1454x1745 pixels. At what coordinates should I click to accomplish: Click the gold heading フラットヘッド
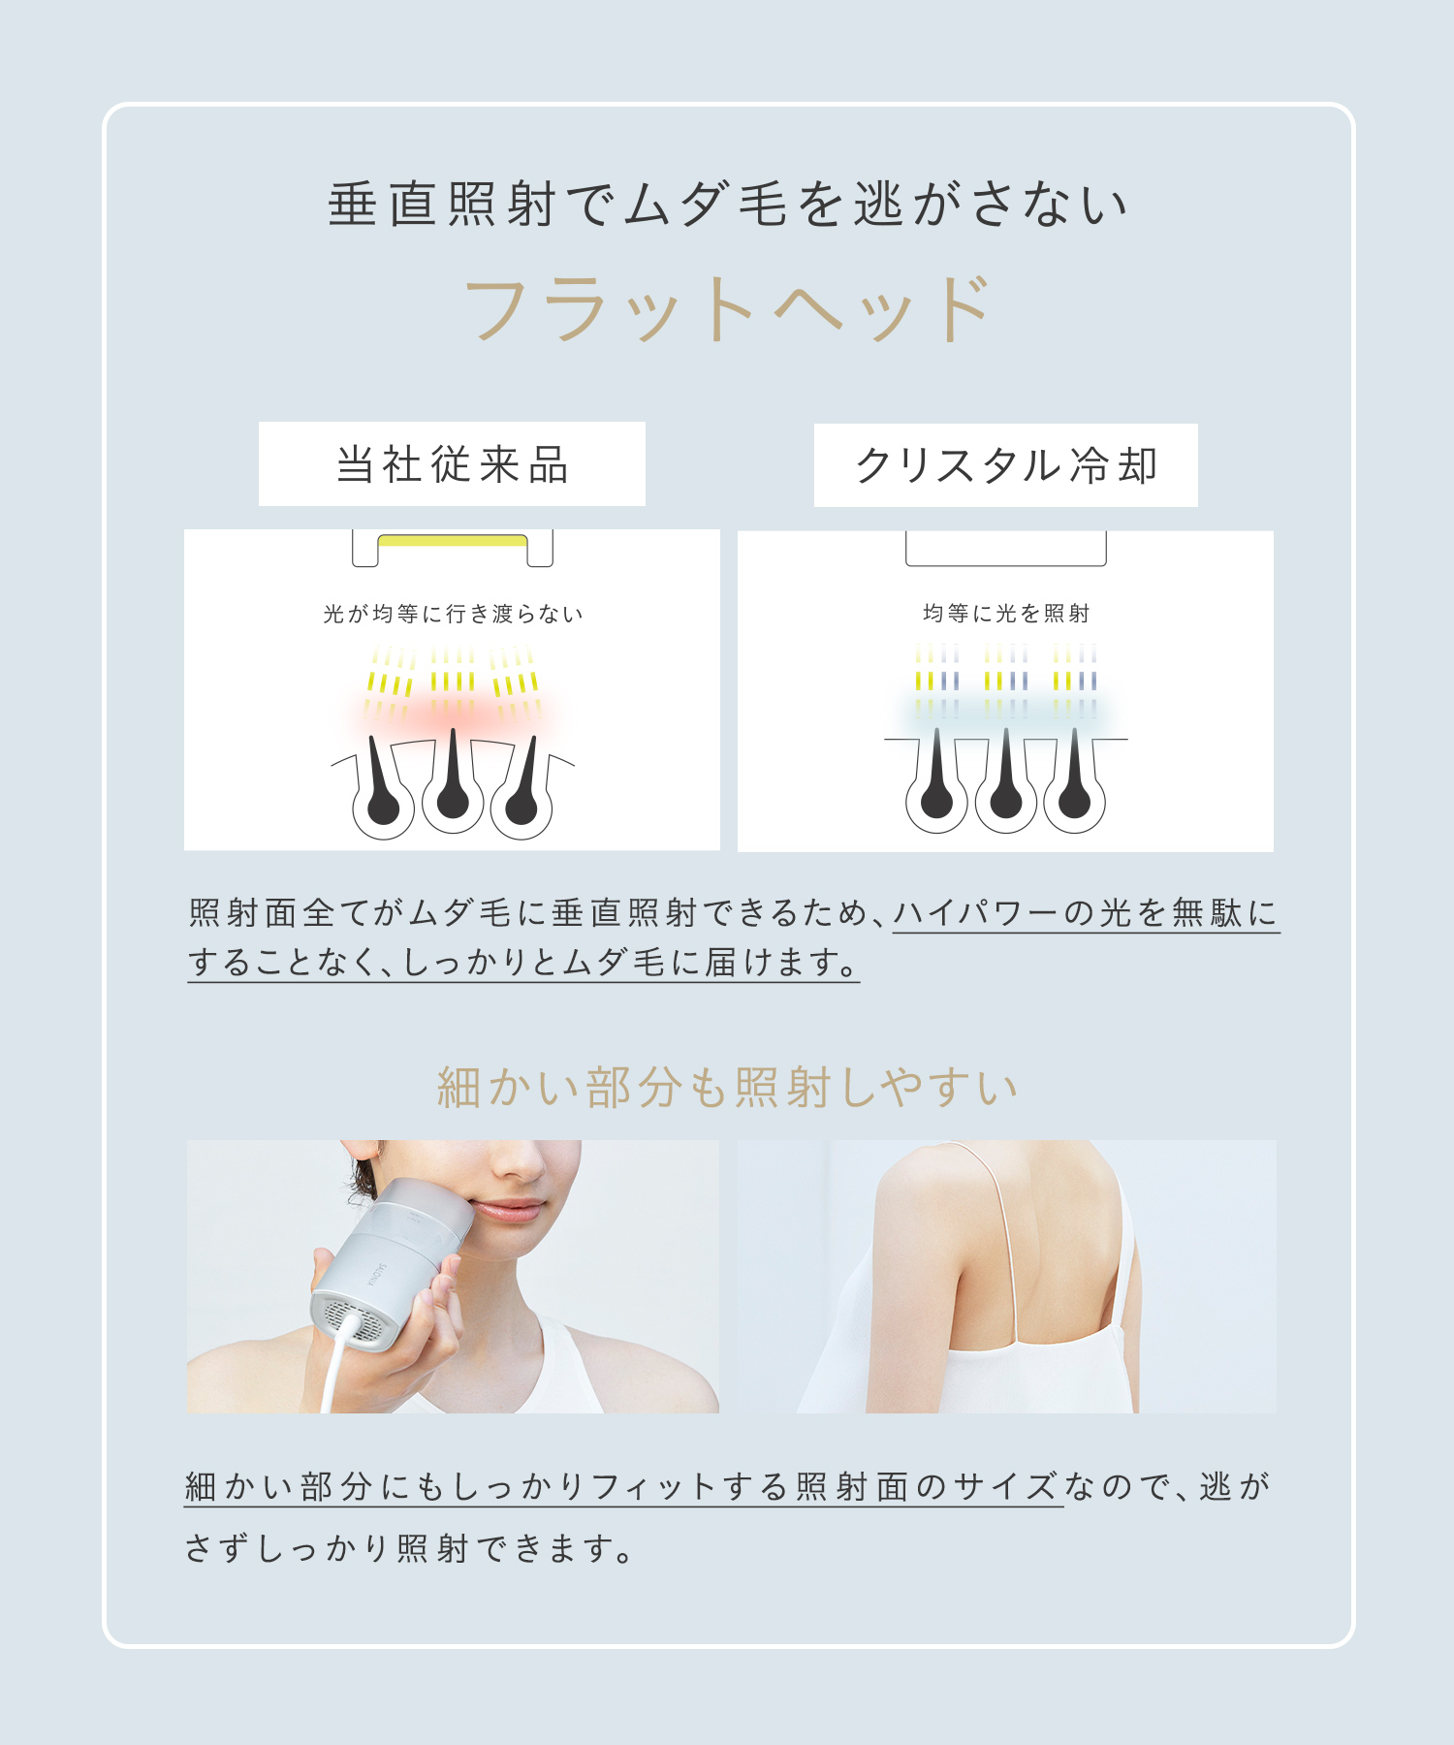(x=728, y=309)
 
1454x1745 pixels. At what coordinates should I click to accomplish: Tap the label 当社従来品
(x=452, y=464)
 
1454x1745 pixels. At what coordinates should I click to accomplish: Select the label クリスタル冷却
(x=1005, y=465)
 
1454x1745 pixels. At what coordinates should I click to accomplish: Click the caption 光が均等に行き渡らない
(x=453, y=614)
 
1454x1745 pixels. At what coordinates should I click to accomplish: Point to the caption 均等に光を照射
(x=1006, y=613)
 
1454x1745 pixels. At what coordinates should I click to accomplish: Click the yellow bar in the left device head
(x=453, y=540)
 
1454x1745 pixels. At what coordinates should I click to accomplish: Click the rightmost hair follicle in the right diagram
(x=1074, y=790)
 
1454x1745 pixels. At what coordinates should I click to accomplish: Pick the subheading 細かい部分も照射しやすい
(x=727, y=1087)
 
